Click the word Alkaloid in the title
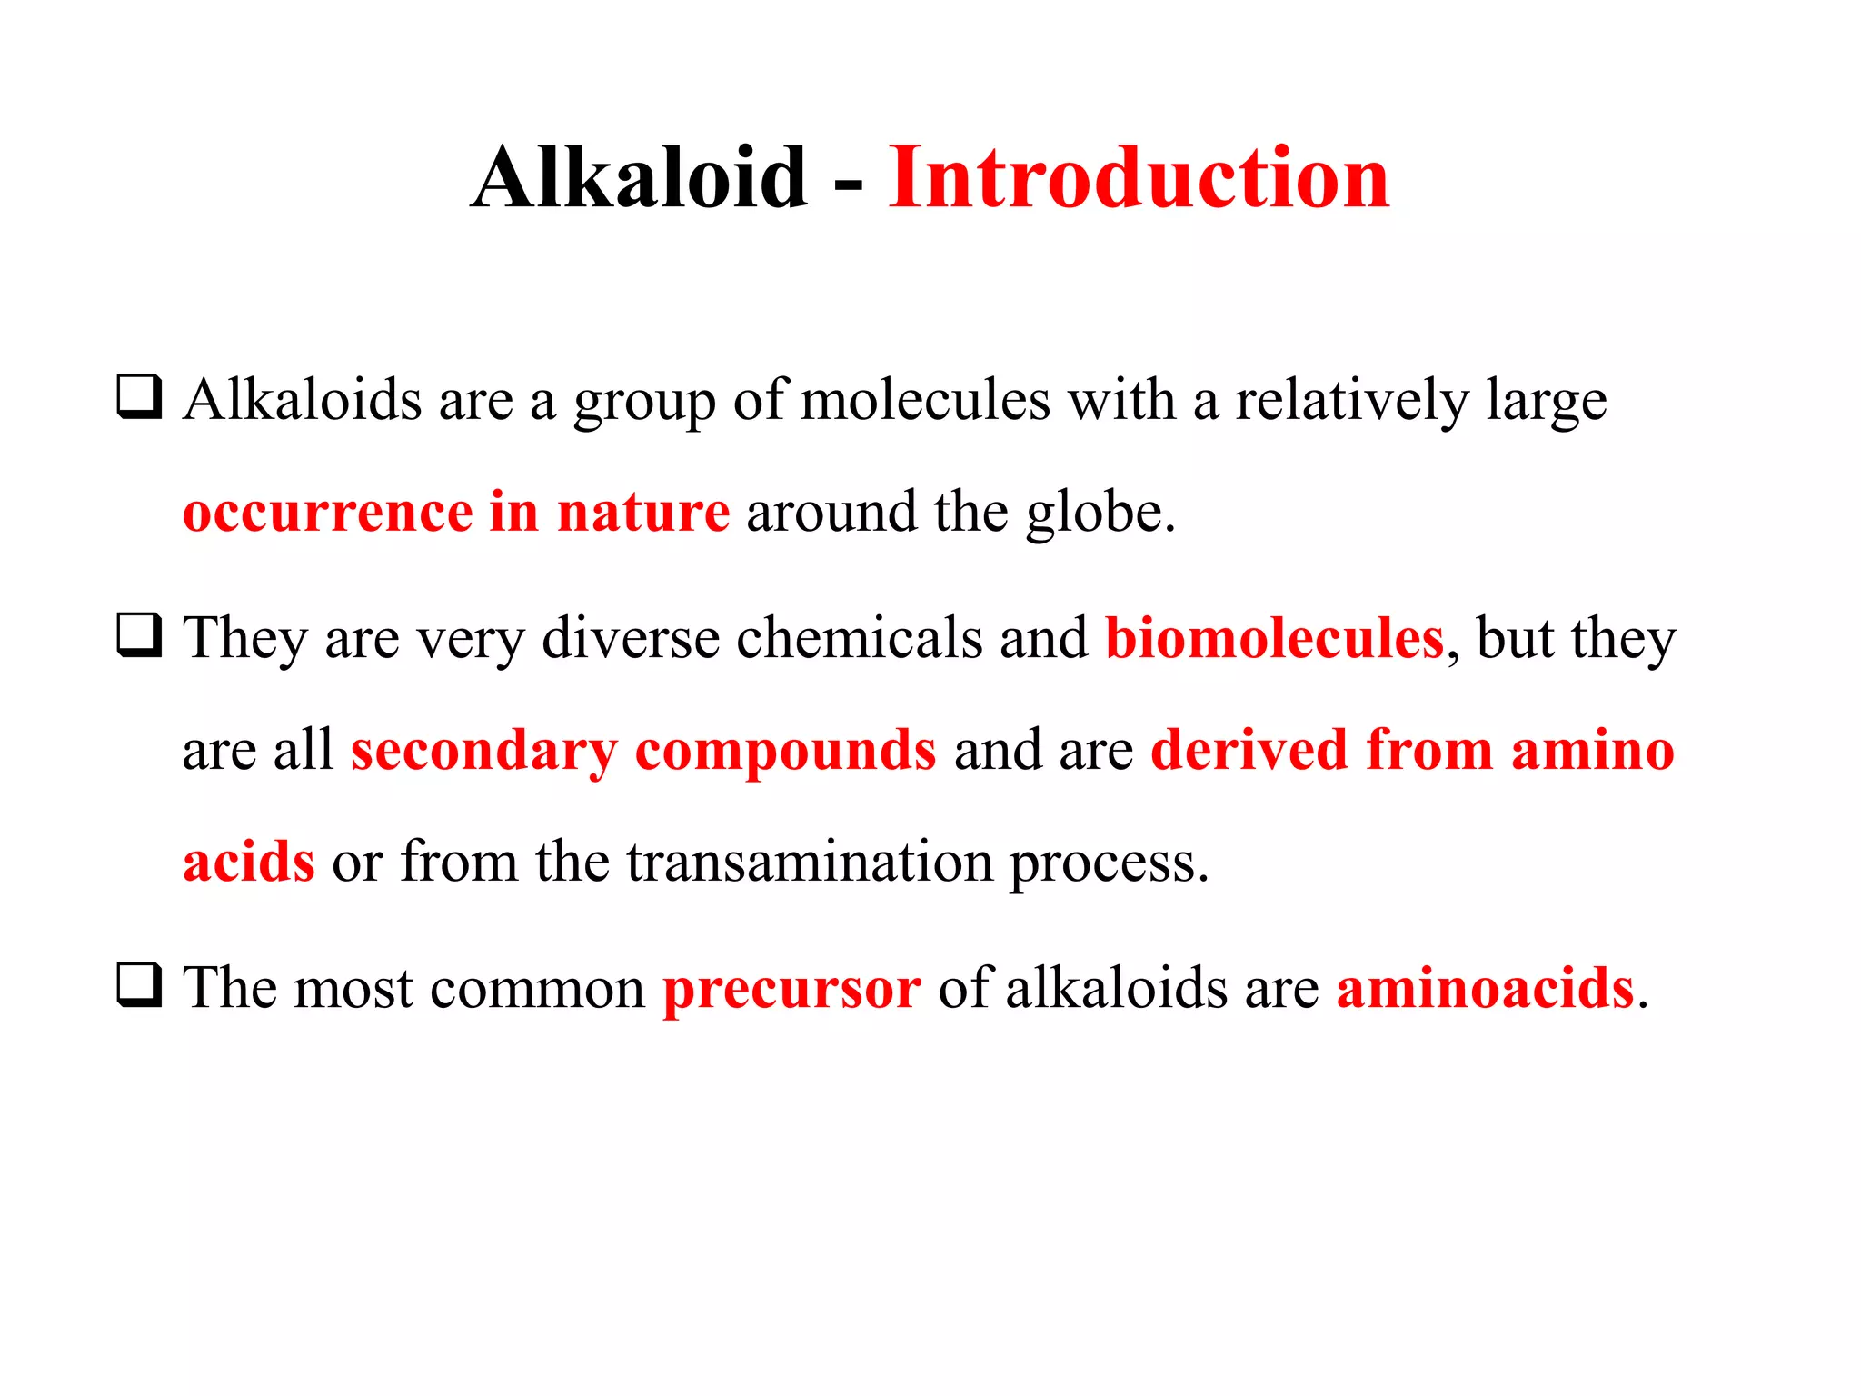pos(639,178)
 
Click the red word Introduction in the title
pos(1139,178)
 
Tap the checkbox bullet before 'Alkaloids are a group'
pos(139,397)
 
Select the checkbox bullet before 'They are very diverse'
pos(139,635)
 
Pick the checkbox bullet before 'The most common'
pos(139,985)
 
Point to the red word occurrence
pos(327,513)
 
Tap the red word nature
pos(642,513)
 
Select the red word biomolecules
pos(1274,638)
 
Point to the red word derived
pos(1249,751)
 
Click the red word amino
pos(1592,751)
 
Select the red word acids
pos(249,862)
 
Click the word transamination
pos(810,862)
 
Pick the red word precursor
pos(791,989)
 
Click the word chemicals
pos(859,638)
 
